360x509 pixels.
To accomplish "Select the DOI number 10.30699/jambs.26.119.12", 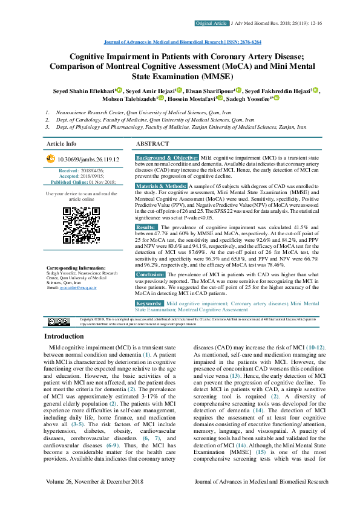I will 88,160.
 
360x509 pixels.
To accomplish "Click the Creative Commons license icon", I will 59,321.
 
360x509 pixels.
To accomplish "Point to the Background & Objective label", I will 166,157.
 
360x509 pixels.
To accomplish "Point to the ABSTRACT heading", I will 152,144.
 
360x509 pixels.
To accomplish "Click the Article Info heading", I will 62,144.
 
